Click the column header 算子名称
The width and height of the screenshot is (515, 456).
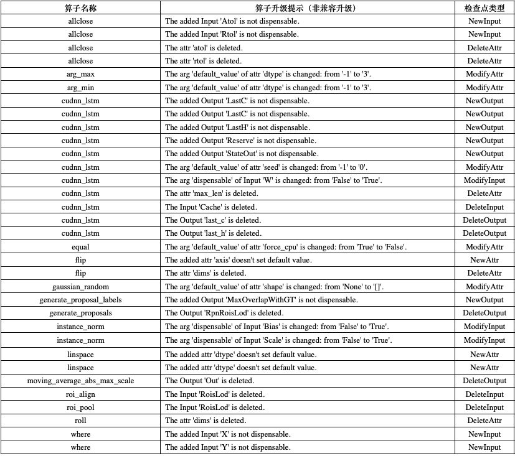coord(80,7)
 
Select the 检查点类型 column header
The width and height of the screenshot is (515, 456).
coord(484,7)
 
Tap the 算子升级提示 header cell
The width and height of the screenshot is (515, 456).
coord(307,7)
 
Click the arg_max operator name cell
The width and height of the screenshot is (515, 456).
coord(80,74)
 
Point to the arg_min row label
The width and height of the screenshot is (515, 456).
coord(80,88)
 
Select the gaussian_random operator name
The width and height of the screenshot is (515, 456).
coord(80,287)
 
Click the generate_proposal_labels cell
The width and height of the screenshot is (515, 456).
coord(80,300)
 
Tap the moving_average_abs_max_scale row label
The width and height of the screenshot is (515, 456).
coord(80,380)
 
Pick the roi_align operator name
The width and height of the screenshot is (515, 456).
coord(80,394)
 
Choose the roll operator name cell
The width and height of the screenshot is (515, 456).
coord(80,421)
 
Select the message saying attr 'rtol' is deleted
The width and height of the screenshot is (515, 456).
coord(204,61)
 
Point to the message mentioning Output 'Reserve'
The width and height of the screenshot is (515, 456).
coord(240,141)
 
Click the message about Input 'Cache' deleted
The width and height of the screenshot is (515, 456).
coord(210,207)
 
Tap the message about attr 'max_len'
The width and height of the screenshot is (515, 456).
coord(211,193)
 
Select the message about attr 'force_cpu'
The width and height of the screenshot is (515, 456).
coord(286,247)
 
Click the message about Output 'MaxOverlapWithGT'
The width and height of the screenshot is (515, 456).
coord(261,300)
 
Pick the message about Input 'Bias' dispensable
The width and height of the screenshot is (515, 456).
coord(278,327)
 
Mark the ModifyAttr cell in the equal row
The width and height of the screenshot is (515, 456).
coord(484,247)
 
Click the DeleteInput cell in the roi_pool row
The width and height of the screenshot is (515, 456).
coord(484,407)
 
